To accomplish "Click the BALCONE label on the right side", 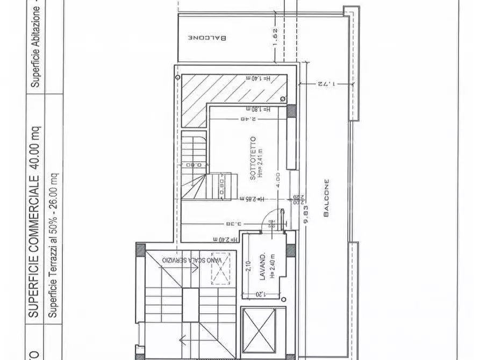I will tap(326, 197).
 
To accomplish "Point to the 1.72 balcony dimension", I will tap(326, 83).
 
